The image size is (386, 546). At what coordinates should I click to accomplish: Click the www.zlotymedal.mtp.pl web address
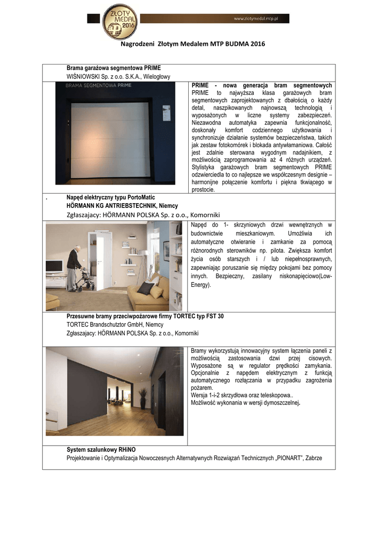tap(261, 19)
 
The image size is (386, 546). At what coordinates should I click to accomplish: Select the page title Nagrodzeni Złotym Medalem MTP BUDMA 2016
tap(192, 44)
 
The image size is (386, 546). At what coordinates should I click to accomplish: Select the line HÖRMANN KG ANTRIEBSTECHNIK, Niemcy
tap(122, 205)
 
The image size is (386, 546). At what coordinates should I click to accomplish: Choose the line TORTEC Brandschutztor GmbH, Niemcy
tap(107, 325)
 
